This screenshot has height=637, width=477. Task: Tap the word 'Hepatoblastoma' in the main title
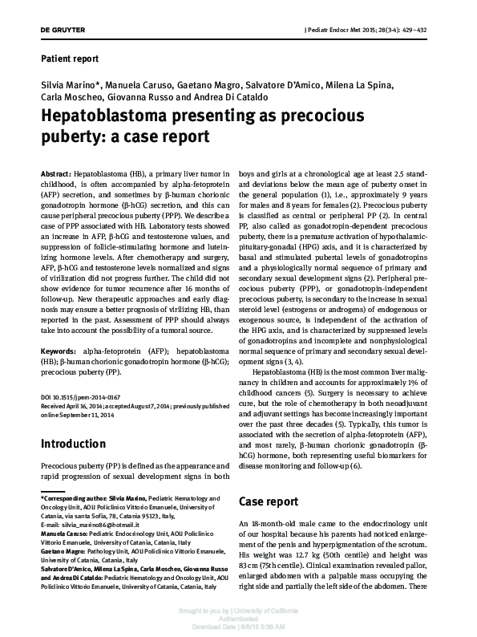click(x=110, y=117)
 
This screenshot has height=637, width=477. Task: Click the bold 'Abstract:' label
click(x=55, y=175)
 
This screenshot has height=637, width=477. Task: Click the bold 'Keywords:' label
click(x=59, y=351)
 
